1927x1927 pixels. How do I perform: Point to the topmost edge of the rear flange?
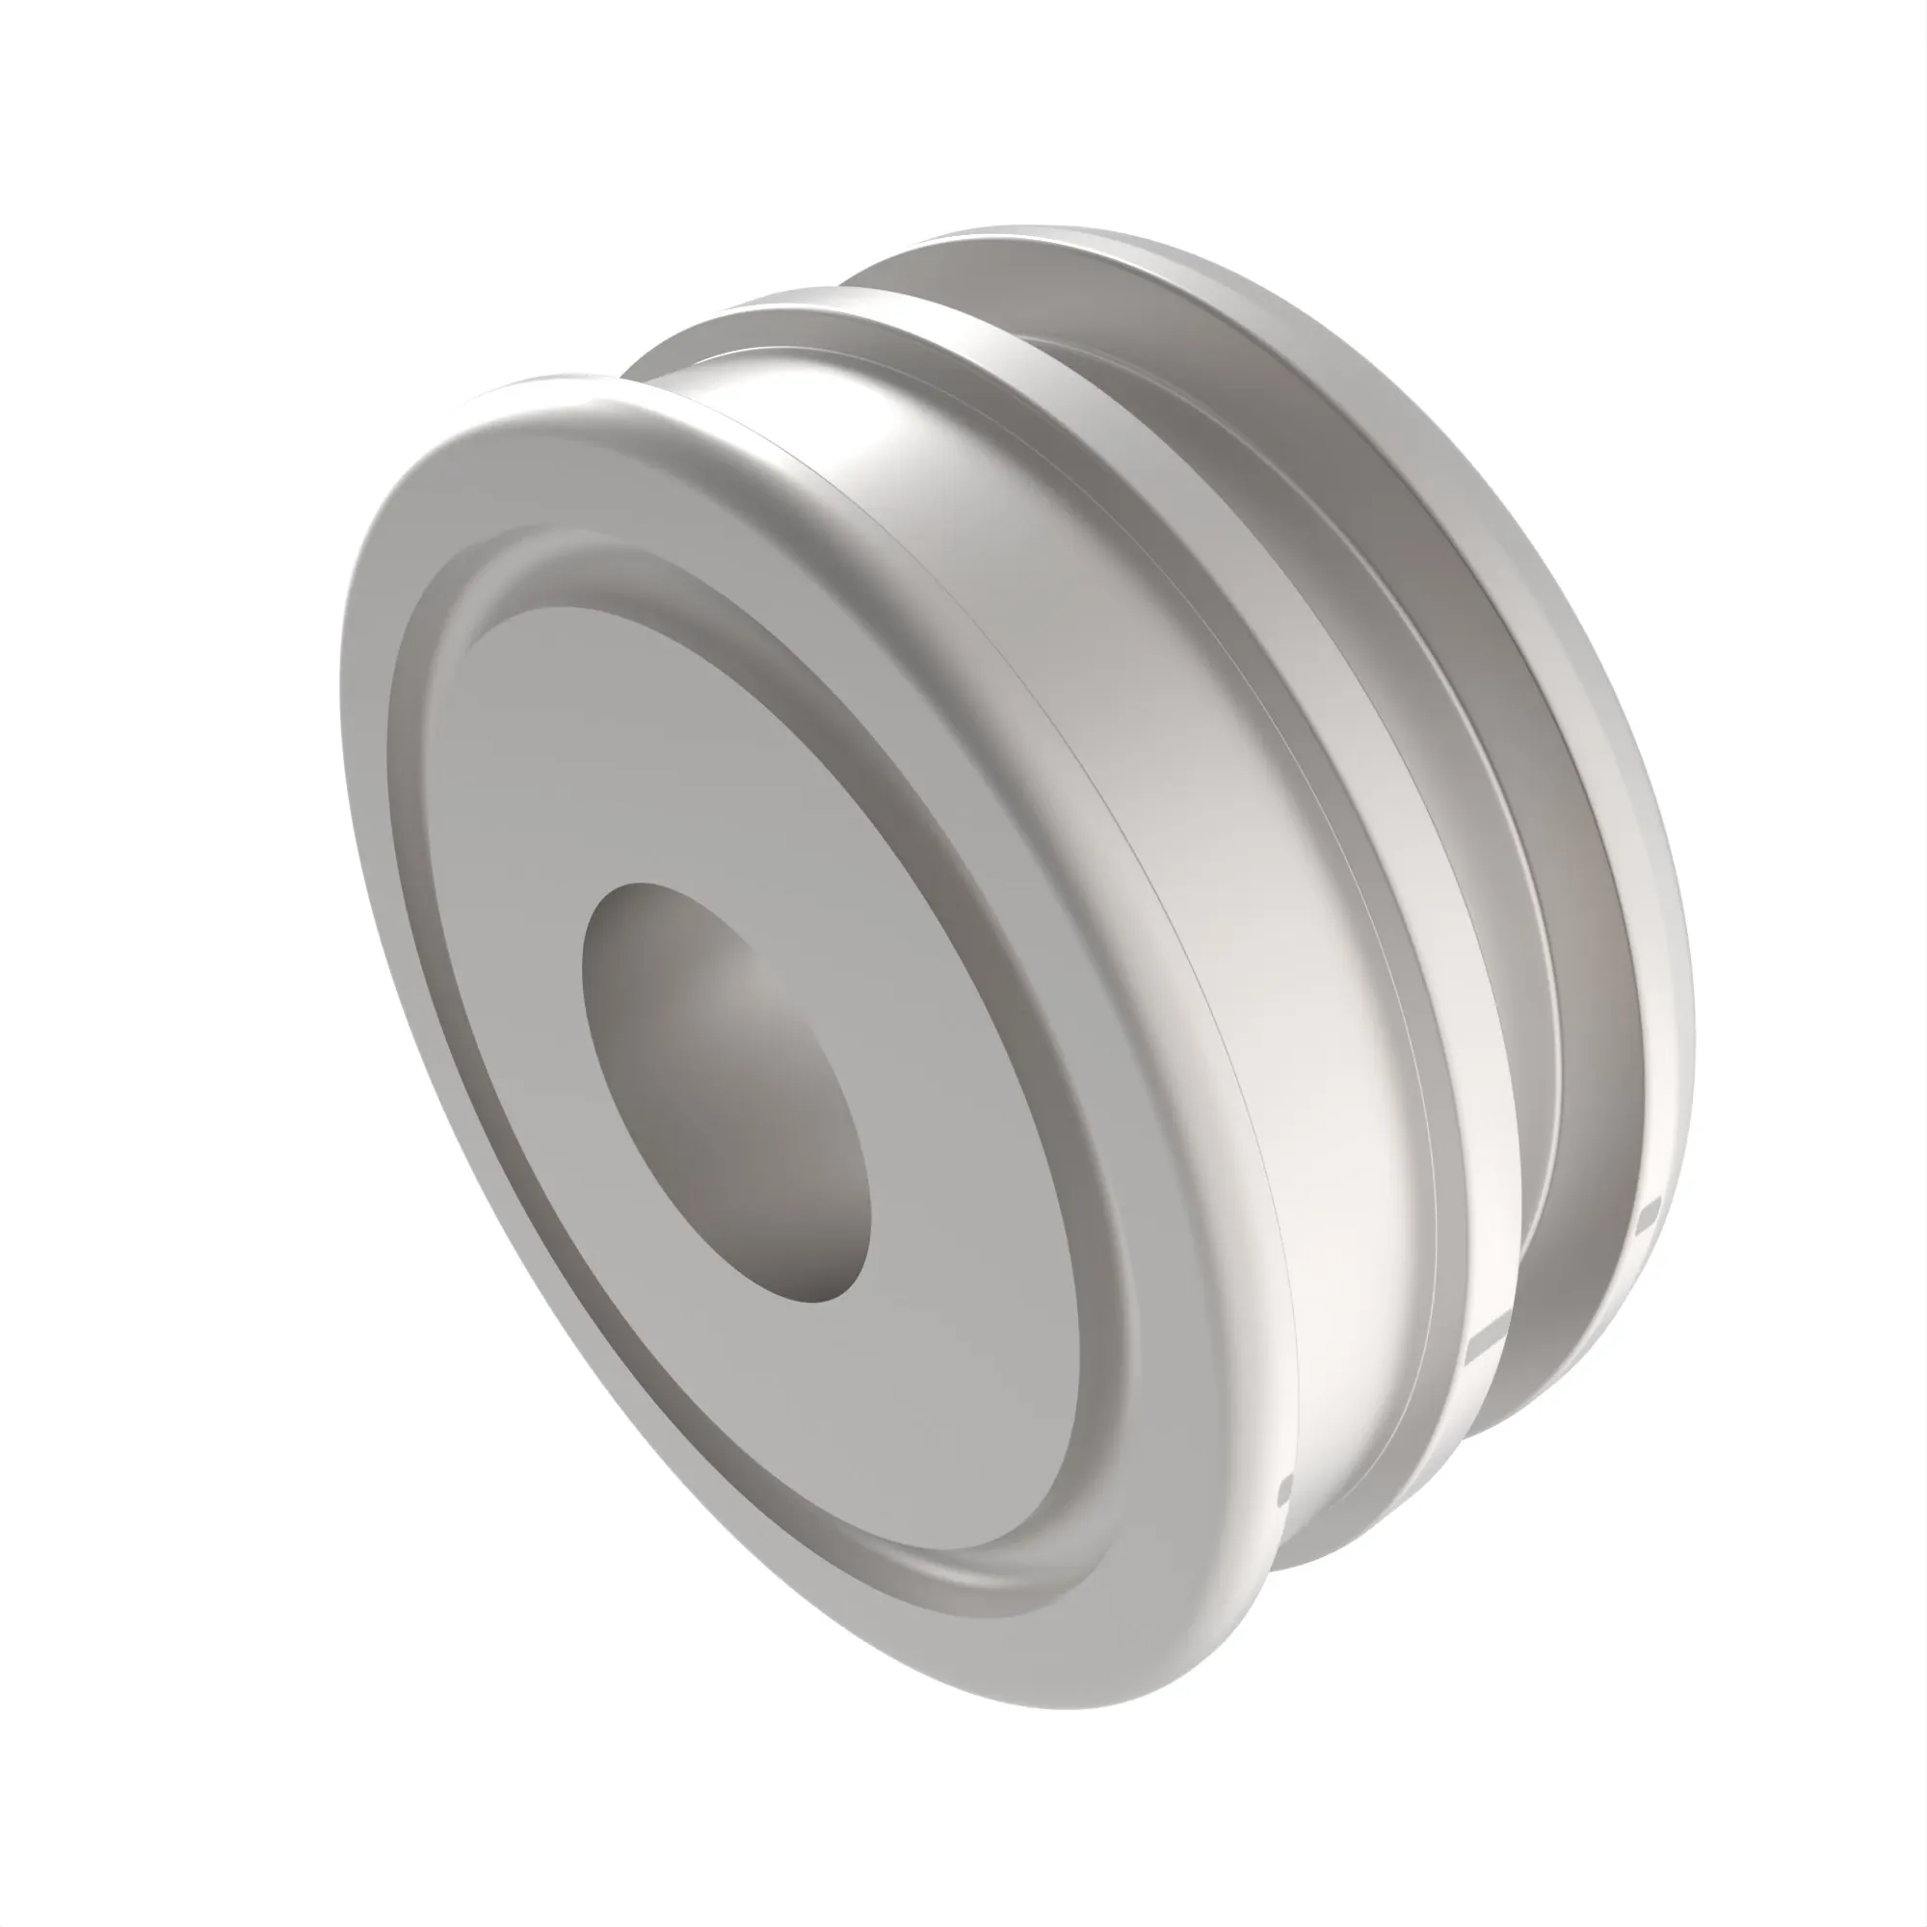coord(1027,231)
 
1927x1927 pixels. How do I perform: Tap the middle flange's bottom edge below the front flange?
coord(1336,1556)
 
